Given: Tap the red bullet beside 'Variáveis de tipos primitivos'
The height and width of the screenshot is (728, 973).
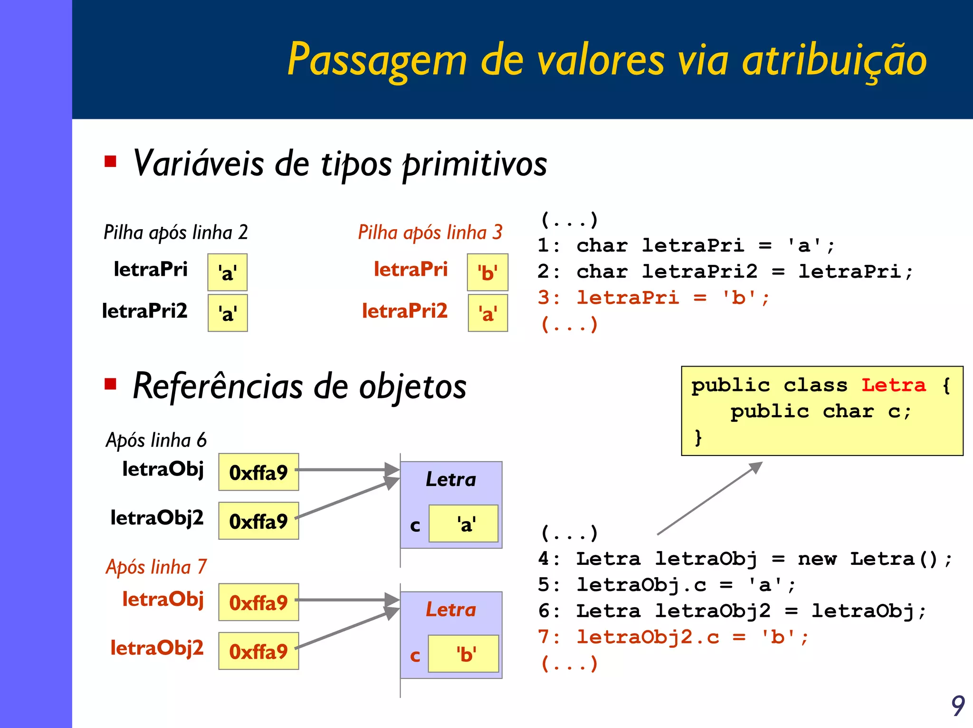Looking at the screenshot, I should [x=111, y=162].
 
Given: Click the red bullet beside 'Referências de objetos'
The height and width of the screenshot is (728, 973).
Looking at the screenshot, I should [x=111, y=383].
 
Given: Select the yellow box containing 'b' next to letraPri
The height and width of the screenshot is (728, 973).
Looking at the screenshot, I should [x=487, y=272].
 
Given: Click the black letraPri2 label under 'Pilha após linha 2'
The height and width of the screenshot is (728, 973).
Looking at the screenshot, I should [x=145, y=311].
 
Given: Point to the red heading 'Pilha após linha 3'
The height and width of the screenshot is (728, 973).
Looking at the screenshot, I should [x=430, y=233].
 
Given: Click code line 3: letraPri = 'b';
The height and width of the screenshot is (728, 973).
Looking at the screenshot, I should [x=653, y=298].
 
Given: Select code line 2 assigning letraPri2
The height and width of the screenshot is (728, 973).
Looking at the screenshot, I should [x=725, y=272].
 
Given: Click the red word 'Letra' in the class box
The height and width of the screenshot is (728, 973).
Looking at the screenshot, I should [x=894, y=385].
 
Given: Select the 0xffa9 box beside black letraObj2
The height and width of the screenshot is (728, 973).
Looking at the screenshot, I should [x=258, y=521].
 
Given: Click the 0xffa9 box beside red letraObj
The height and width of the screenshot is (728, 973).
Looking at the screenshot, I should [x=258, y=602].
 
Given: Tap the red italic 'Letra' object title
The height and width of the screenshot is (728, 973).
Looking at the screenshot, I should [x=450, y=610].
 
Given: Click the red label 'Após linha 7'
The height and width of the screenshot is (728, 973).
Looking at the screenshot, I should [x=156, y=567].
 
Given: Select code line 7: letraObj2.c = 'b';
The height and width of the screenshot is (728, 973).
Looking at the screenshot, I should [x=673, y=637].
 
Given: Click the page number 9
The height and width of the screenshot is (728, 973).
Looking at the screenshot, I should [x=957, y=706].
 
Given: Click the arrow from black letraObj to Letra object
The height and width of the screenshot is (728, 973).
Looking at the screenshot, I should [x=347, y=470].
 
